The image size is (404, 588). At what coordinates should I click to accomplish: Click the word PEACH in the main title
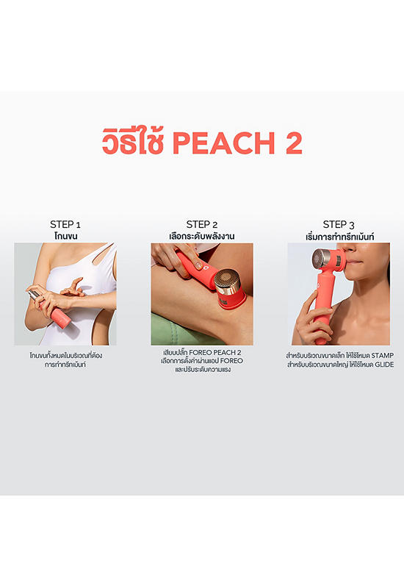pos(224,143)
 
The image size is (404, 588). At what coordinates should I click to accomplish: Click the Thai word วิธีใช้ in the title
pos(133,141)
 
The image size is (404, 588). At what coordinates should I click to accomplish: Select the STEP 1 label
pos(65,225)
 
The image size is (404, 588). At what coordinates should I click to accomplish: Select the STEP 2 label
pos(201,225)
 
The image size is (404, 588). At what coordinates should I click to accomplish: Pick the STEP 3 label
pos(339,225)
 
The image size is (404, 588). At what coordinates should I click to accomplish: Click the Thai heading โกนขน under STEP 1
pos(65,236)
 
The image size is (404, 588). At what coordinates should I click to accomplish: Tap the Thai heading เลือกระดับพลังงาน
pos(201,236)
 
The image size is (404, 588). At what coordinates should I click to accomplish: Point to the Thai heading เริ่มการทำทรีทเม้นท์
pos(339,237)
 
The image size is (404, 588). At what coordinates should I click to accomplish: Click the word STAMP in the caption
pos(382,356)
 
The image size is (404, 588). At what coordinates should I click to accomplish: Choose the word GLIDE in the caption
pos(384,365)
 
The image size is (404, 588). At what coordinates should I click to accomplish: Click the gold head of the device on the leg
pos(228,279)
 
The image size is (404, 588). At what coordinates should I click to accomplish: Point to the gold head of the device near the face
pos(321,259)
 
